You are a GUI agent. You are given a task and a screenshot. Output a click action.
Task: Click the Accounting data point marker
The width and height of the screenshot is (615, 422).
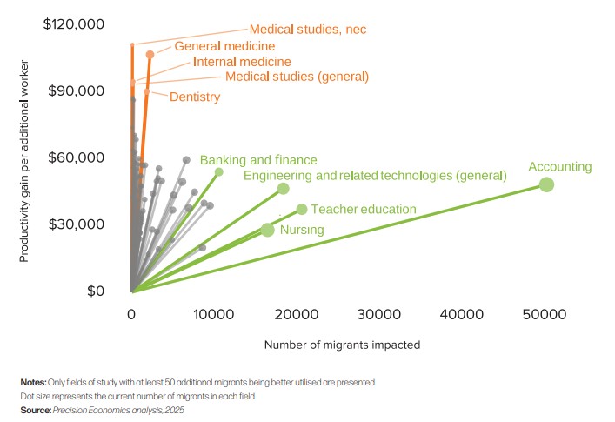[x=546, y=184]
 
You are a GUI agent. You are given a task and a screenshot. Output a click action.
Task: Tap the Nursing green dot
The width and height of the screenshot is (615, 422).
[x=268, y=230]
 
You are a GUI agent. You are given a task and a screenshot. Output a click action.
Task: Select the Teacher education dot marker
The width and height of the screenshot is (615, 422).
[x=302, y=209]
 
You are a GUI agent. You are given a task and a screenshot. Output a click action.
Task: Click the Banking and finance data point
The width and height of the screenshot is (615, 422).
[x=219, y=171]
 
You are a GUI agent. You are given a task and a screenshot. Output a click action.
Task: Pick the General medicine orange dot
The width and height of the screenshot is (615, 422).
[x=150, y=54]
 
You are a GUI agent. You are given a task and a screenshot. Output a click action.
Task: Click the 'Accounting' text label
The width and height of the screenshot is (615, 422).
[x=560, y=167]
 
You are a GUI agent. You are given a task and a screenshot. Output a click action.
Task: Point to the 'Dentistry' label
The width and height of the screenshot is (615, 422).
[x=195, y=97]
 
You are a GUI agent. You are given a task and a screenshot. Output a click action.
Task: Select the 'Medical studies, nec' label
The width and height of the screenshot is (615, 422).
[x=308, y=30]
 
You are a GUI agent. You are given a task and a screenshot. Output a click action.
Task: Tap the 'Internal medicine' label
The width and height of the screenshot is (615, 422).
[x=242, y=62]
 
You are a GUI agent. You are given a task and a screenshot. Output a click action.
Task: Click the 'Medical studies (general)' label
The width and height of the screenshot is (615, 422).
[x=297, y=77]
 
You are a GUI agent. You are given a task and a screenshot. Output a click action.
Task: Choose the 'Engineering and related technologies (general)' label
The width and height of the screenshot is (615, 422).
[x=375, y=176]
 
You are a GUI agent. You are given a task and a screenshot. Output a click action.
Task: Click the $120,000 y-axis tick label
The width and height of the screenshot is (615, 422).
[x=74, y=24]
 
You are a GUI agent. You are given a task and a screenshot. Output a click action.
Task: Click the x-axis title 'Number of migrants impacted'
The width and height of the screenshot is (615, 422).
[x=343, y=345]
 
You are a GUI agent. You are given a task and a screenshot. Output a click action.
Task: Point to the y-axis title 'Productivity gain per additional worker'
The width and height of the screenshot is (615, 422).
[x=25, y=162]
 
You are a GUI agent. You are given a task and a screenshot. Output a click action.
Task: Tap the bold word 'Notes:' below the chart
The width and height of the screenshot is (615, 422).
[x=34, y=382]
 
